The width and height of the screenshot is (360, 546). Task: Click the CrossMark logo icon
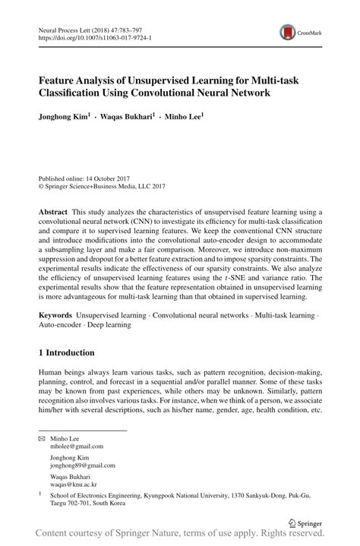287,31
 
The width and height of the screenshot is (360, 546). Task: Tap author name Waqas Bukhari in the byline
128,117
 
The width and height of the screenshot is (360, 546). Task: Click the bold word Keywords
55,314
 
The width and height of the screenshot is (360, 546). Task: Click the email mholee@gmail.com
77,448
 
